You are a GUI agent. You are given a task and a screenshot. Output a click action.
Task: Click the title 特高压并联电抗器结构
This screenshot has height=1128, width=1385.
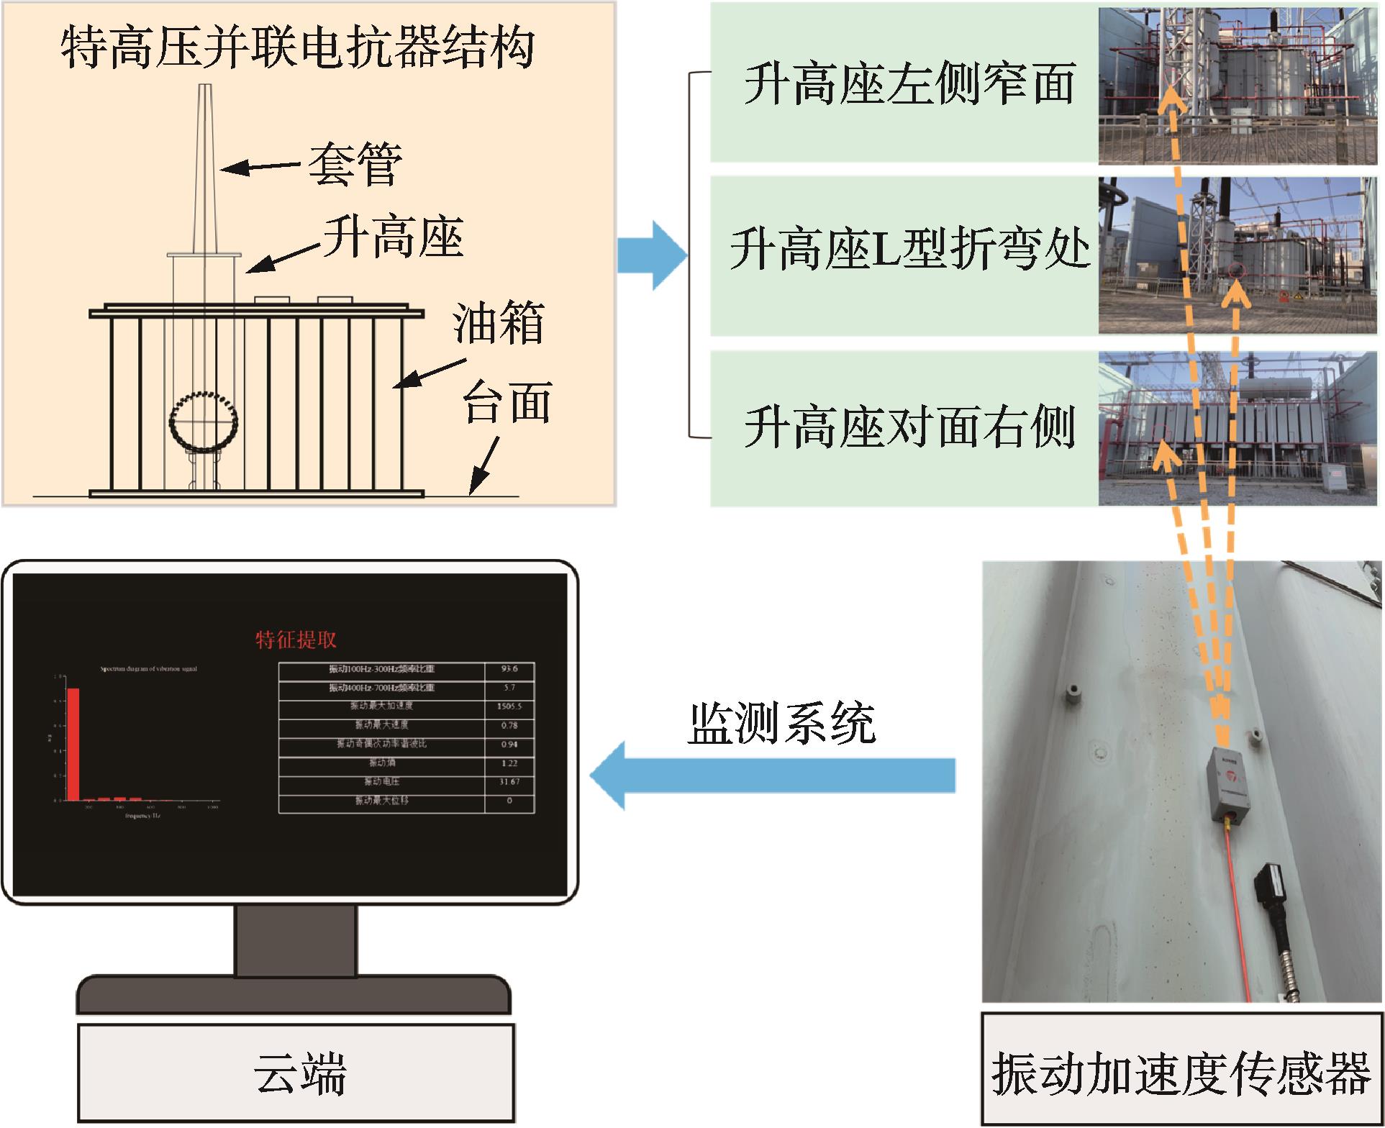point(297,49)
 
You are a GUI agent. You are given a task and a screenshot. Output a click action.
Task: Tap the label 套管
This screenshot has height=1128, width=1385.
point(355,165)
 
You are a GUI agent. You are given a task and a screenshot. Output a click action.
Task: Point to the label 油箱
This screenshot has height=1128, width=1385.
point(498,324)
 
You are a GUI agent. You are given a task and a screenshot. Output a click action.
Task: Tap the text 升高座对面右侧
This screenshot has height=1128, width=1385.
point(909,427)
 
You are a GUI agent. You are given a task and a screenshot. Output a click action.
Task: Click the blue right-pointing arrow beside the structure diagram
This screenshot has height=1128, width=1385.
point(652,256)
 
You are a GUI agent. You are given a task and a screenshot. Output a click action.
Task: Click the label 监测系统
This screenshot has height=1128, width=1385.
point(781,722)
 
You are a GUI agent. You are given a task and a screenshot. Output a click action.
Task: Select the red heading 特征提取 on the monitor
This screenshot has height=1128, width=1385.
point(296,639)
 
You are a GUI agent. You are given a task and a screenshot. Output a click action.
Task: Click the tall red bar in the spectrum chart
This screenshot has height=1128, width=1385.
point(73,744)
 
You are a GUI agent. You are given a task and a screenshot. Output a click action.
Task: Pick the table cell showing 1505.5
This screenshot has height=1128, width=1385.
point(509,706)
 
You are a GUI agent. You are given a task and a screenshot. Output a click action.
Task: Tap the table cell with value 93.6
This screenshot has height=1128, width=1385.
point(509,669)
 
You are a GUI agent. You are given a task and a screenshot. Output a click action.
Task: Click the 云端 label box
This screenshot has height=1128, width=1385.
point(296,1072)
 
